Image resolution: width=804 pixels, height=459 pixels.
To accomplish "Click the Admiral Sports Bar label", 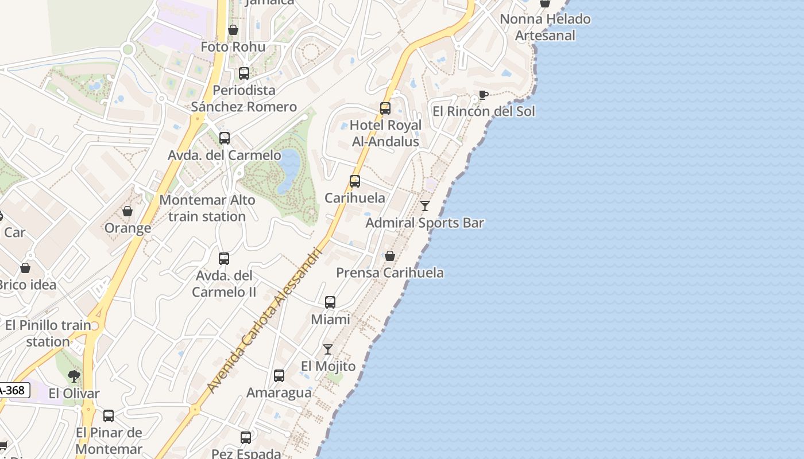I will pyautogui.click(x=424, y=223).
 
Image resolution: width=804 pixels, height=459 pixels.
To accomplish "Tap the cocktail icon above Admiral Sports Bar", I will pyautogui.click(x=425, y=206).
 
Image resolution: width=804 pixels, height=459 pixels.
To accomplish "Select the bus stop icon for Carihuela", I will pyautogui.click(x=355, y=181).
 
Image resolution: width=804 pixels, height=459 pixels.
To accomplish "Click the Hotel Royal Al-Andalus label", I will pyautogui.click(x=385, y=133).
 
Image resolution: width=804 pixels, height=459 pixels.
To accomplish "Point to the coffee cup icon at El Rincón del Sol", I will pyautogui.click(x=483, y=95).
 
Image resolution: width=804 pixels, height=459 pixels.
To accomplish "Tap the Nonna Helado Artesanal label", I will pyautogui.click(x=544, y=27).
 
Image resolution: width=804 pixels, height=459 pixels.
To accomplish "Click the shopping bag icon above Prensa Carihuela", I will pyautogui.click(x=390, y=256).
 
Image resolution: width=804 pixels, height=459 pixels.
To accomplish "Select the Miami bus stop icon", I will pyautogui.click(x=330, y=302).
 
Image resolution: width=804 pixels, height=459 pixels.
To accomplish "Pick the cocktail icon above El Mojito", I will pyautogui.click(x=328, y=349).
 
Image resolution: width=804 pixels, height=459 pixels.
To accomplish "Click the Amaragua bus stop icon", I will pyautogui.click(x=279, y=376).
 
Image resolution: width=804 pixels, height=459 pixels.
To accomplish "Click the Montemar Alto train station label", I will pyautogui.click(x=207, y=208).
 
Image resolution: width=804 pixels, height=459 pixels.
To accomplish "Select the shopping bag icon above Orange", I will pyautogui.click(x=127, y=211).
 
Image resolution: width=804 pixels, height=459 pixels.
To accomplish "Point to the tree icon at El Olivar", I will pyautogui.click(x=74, y=376).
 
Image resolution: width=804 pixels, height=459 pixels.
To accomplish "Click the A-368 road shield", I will pyautogui.click(x=13, y=391).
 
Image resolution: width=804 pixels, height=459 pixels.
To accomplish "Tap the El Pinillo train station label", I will pyautogui.click(x=48, y=333).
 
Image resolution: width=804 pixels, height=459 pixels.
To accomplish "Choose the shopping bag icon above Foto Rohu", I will pyautogui.click(x=233, y=30).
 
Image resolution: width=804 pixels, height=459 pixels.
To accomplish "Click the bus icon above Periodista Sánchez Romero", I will pyautogui.click(x=244, y=73).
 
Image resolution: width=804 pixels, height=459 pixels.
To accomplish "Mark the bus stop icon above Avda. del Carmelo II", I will pyautogui.click(x=224, y=259).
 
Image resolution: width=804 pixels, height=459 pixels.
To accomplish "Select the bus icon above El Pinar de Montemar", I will pyautogui.click(x=109, y=416).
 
